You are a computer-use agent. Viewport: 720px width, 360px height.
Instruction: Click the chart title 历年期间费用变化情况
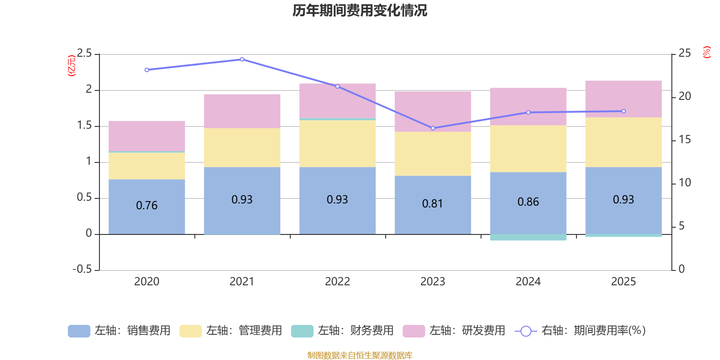pos(360,10)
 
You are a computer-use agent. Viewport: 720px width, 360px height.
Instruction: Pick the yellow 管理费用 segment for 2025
pos(623,142)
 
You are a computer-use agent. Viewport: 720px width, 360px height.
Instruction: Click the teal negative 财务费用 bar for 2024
pos(528,237)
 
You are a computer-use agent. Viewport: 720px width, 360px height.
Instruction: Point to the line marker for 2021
pos(242,59)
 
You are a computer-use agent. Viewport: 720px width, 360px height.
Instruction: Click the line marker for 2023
pos(433,128)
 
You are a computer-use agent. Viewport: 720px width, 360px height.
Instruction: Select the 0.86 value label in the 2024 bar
pos(528,202)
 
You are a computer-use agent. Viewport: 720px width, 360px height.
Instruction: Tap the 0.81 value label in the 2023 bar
pos(432,204)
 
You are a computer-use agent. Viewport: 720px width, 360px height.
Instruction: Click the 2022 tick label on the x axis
pos(337,282)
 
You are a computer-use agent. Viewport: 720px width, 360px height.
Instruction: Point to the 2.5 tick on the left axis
pos(84,54)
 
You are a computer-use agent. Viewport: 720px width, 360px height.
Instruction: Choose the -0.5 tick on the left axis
pos(82,269)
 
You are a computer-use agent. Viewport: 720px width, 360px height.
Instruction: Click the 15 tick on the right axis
pos(684,139)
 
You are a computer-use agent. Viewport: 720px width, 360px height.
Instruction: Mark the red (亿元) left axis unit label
pos(71,66)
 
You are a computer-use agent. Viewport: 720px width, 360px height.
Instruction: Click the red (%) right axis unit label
pos(706,52)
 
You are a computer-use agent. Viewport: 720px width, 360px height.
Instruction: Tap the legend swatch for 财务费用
pos(301,331)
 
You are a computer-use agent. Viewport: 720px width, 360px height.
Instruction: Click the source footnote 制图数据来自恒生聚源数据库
pos(360,355)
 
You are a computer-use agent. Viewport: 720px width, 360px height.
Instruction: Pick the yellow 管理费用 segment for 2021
pos(242,148)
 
